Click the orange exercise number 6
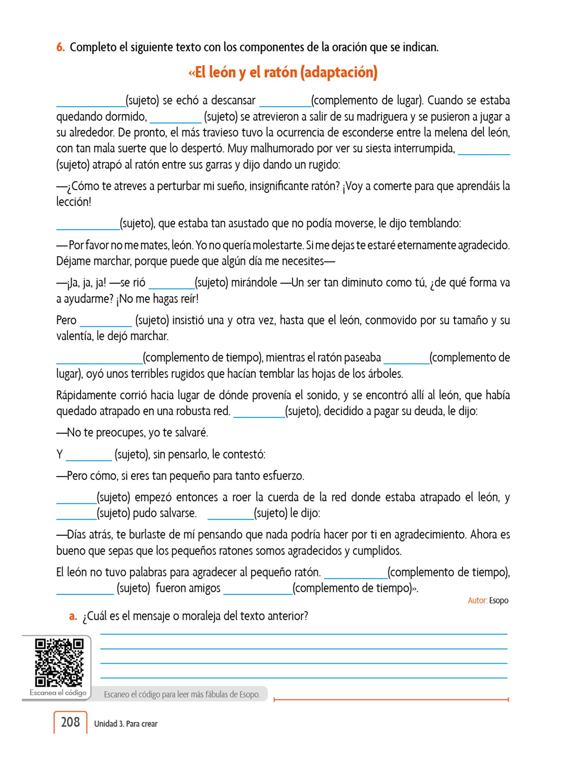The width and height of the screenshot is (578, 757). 60,47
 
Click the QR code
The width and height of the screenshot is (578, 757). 59,662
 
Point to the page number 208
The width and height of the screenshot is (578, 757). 70,722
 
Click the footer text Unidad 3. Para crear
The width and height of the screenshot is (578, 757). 126,724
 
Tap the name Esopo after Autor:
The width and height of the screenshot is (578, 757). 499,600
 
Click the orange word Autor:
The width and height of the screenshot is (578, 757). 477,600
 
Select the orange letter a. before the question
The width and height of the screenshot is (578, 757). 73,616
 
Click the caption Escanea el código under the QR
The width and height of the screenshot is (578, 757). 58,693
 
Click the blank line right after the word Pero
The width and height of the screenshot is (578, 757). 106,325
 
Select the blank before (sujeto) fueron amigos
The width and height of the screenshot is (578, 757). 85,593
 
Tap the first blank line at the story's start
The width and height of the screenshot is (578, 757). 91,105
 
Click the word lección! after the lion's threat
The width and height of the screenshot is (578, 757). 74,202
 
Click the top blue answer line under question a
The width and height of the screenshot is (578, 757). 304,634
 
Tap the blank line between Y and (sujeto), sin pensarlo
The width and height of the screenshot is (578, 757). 89,459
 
